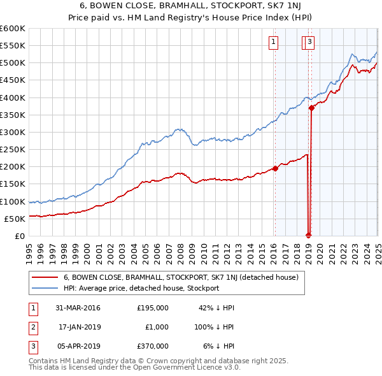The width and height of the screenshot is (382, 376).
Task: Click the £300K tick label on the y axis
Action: pos(12,132)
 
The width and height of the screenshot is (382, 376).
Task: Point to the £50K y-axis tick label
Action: pos(14,219)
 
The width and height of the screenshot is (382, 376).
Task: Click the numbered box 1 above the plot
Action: pos(273,43)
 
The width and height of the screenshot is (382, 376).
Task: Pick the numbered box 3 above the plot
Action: pos(309,43)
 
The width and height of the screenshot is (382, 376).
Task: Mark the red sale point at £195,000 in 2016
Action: pos(276,168)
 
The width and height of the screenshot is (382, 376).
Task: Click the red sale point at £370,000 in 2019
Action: pos(311,108)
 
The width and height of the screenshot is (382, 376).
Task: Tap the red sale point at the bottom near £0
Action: pos(309,235)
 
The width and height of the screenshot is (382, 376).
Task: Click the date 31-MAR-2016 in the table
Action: pos(78,307)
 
